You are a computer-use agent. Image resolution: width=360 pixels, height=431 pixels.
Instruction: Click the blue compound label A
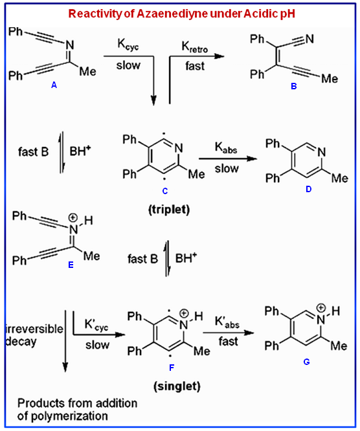click(54, 85)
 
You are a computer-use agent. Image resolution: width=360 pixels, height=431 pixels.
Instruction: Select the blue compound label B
click(294, 86)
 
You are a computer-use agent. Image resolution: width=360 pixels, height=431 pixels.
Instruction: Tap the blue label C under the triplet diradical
click(165, 191)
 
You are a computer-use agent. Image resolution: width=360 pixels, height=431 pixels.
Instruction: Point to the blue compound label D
click(309, 189)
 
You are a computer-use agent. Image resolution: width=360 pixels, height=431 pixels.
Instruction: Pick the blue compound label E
click(71, 265)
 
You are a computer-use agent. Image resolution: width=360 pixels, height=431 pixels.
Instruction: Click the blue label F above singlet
click(172, 368)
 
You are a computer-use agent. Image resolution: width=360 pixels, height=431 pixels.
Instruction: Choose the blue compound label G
click(307, 362)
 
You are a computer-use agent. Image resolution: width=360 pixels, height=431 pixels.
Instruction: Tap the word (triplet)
click(169, 210)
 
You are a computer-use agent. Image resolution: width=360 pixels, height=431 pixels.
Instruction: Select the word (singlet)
click(177, 386)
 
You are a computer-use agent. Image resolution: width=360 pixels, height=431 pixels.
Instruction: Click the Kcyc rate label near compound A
click(128, 45)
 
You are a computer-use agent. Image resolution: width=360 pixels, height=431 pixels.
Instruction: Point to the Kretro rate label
click(195, 47)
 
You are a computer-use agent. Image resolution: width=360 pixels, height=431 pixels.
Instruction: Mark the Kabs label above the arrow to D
click(226, 148)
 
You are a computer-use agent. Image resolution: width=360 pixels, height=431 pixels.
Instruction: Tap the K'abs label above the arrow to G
click(227, 322)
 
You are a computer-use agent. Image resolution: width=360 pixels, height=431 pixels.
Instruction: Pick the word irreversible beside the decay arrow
click(34, 329)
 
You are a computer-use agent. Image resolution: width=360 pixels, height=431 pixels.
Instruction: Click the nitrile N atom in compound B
click(309, 39)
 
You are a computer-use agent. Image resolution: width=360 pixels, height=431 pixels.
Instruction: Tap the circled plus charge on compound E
click(73, 218)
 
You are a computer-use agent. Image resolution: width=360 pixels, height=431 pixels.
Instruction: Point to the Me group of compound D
click(340, 179)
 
